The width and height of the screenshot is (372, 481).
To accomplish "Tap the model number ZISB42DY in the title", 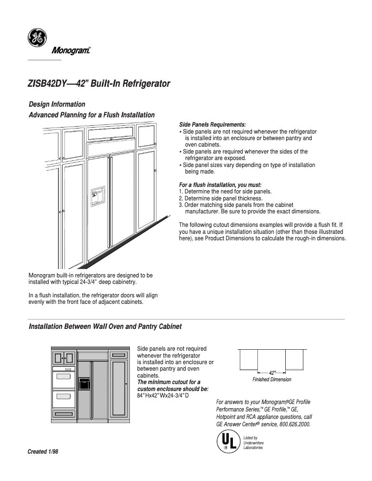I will click(x=48, y=84).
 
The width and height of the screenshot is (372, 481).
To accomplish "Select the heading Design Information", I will click(x=57, y=104).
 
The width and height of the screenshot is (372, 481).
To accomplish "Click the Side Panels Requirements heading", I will click(x=212, y=125).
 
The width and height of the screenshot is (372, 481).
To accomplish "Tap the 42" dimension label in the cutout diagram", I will click(x=272, y=372).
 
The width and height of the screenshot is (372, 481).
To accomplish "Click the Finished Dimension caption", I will click(x=272, y=379).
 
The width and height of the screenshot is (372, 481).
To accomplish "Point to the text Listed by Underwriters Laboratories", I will click(x=253, y=443).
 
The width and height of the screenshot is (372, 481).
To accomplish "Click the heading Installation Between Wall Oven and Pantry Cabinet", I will click(x=105, y=327).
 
